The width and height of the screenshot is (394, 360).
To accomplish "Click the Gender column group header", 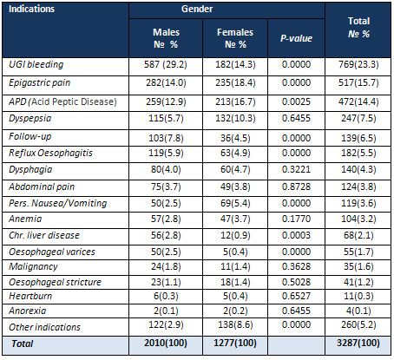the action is pos(197,9).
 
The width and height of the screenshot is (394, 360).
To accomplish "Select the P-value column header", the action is pos(296,38).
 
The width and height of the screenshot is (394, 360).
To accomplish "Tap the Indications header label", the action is pos(31,9).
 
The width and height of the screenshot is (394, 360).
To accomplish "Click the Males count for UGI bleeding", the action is pos(166,64).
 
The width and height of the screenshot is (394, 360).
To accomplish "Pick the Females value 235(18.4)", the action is pos(235,82).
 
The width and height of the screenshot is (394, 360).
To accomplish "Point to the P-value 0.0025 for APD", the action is pos(296,101).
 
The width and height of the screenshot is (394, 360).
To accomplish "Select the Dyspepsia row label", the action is pos(30,118).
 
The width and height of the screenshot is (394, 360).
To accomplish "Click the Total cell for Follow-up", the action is pos(358,138).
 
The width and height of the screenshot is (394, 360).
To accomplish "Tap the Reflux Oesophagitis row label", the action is pos(50,153).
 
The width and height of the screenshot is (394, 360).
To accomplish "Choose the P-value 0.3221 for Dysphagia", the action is pos(296,169).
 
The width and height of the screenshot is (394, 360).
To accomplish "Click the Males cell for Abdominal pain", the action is pos(166,187).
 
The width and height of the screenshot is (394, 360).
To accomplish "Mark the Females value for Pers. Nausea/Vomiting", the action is pos(235,203).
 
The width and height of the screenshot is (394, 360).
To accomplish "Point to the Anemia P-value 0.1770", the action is pos(296,219).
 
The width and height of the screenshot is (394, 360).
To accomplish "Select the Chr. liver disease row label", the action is pos(44,235).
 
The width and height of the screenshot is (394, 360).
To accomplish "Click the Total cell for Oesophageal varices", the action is pos(358,252).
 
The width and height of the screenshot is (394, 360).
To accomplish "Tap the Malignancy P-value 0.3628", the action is pos(296,266).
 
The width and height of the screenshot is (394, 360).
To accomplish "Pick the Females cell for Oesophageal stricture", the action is pos(235,282).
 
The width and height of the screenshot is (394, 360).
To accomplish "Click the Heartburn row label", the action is pos(30,296).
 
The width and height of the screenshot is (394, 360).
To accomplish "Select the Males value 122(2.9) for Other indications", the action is pos(166,324).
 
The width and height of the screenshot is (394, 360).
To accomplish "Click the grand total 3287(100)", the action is pos(358,343).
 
